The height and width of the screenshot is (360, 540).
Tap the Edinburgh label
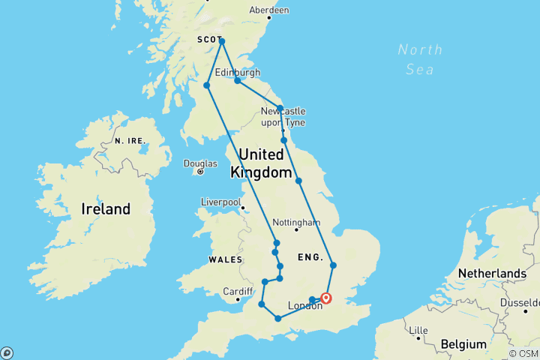coord(237,72)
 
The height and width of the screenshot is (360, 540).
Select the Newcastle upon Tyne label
coord(283,116)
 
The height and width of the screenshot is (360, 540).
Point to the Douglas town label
coord(202,163)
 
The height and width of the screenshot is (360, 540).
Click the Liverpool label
coord(220,202)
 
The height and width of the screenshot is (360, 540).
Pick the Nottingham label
coord(296,223)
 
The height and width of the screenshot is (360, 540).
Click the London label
coord(305,306)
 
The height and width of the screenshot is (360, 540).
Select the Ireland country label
coord(106,209)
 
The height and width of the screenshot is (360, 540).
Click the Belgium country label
coord(463,344)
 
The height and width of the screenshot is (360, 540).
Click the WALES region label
coord(226,259)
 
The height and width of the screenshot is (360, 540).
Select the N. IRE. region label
coord(129,140)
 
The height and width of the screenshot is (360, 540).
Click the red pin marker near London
coord(326,298)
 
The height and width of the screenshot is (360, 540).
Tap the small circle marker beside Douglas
coord(200,172)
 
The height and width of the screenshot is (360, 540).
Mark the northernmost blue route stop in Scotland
coord(222,41)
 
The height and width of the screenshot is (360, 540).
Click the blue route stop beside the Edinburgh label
coord(237,81)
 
